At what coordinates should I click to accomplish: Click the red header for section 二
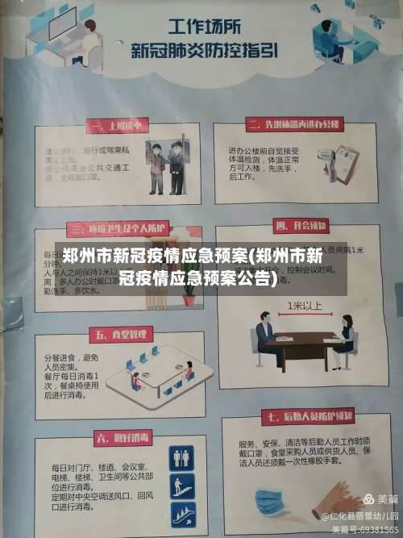(292, 124)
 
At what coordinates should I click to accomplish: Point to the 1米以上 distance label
(305, 307)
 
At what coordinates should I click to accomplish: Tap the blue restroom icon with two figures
(181, 458)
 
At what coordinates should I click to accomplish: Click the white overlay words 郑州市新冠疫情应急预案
(154, 256)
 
